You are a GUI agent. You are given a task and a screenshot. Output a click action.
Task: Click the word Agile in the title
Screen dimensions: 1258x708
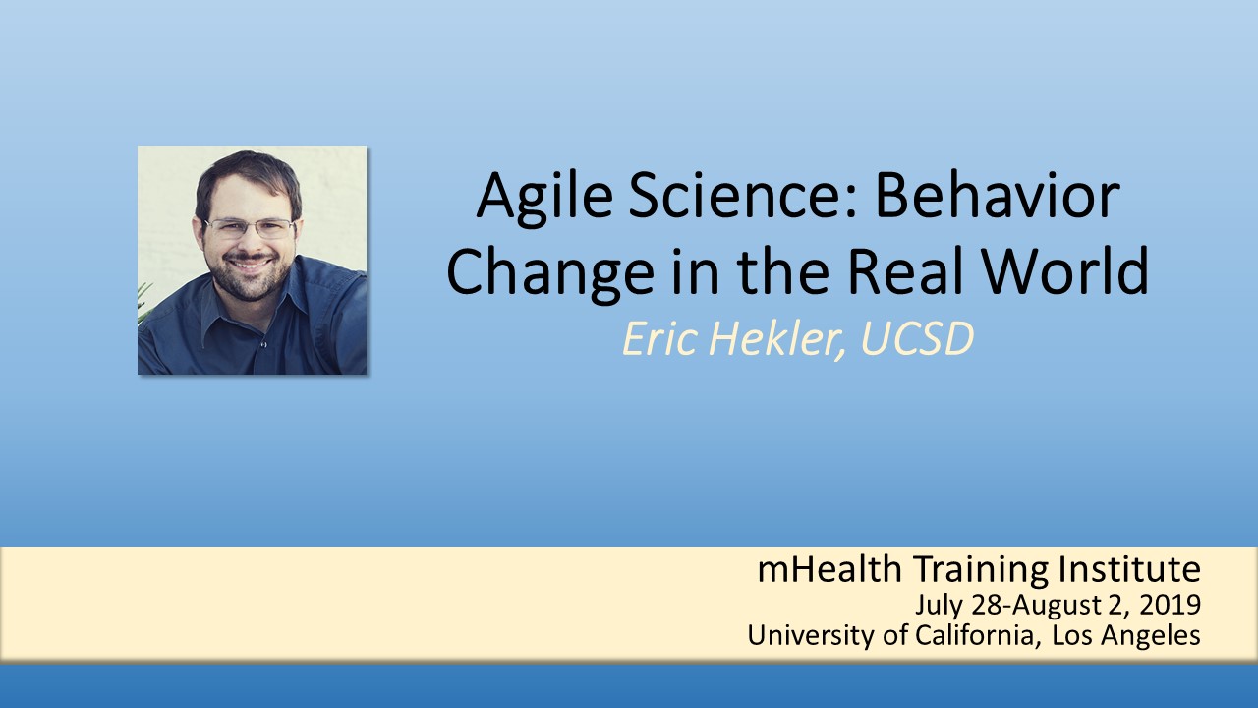click(x=544, y=199)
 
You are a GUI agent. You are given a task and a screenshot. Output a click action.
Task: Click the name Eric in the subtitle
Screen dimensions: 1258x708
click(x=659, y=339)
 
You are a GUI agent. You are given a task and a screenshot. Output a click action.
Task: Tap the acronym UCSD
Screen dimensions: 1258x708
click(x=917, y=339)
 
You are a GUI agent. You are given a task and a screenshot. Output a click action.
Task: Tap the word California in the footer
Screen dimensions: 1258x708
click(x=974, y=635)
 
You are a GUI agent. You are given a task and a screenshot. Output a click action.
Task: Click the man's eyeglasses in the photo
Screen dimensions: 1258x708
click(x=251, y=227)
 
